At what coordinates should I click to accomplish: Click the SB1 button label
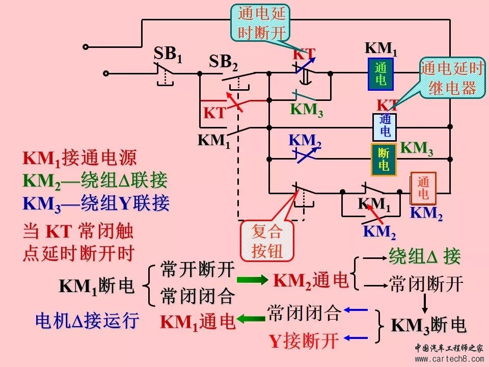click(x=168, y=54)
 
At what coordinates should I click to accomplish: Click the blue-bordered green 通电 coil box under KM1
click(x=381, y=73)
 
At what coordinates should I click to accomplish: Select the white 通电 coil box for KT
click(x=385, y=126)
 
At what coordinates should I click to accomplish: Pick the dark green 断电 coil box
click(x=384, y=160)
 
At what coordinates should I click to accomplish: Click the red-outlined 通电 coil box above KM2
click(x=423, y=188)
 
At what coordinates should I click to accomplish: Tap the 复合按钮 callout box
click(x=266, y=241)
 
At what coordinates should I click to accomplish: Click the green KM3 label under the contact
click(x=307, y=110)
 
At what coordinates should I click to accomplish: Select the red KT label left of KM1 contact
click(x=214, y=113)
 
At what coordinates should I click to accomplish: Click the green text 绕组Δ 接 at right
click(x=424, y=257)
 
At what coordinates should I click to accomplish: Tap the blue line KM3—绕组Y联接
click(x=96, y=203)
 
